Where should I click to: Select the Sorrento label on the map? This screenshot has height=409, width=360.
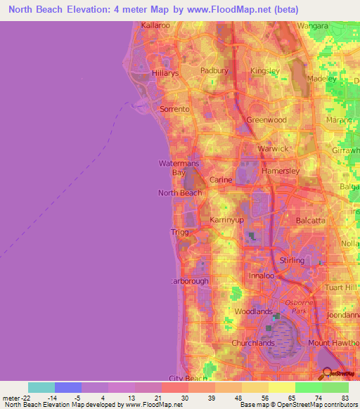click(x=175, y=109)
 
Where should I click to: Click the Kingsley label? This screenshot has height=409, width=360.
click(x=264, y=71)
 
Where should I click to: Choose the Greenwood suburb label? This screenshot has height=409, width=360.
click(x=266, y=120)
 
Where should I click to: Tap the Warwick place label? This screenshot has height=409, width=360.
click(x=274, y=149)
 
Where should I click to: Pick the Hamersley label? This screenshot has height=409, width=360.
click(x=281, y=171)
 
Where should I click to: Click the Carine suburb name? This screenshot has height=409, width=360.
click(x=221, y=180)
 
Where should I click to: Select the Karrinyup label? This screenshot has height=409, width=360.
click(x=226, y=221)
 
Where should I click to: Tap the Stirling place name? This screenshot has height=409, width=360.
click(x=291, y=260)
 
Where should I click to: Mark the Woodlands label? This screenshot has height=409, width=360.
click(x=253, y=311)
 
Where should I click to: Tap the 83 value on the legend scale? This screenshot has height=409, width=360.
click(x=345, y=398)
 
